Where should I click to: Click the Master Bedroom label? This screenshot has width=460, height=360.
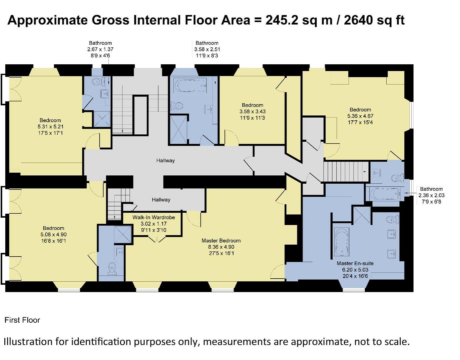[x=221, y=241]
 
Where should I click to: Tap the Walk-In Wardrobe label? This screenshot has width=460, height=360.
[x=153, y=217]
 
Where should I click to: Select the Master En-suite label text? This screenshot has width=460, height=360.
[x=355, y=263]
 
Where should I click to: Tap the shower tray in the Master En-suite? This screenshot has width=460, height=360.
[x=362, y=214]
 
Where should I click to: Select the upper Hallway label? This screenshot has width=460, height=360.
[x=165, y=161]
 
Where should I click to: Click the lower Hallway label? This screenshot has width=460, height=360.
[x=161, y=200]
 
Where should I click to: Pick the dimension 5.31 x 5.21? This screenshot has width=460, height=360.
[x=50, y=127]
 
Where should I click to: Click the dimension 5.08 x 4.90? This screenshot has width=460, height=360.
[x=53, y=234]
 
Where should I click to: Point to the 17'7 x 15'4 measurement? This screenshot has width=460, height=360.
[x=360, y=122]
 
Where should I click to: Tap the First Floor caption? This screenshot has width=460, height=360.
[x=22, y=320]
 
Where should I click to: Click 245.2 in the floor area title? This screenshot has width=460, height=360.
[x=282, y=20]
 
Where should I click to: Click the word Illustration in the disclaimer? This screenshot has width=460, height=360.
[x=28, y=342]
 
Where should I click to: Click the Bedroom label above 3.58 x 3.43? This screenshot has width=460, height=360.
[x=253, y=105]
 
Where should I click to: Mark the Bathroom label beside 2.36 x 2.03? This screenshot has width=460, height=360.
[x=431, y=189]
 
